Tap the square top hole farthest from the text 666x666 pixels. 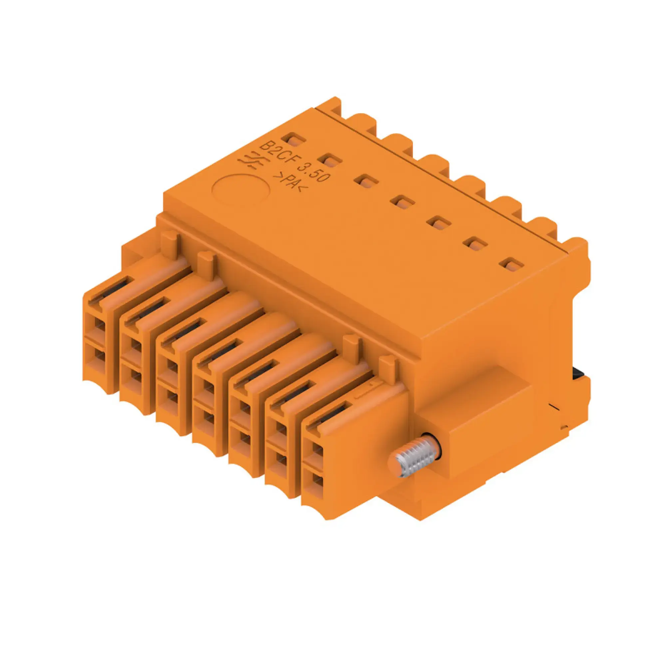pos(512,264)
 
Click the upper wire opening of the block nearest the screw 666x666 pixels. pos(317,451)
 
